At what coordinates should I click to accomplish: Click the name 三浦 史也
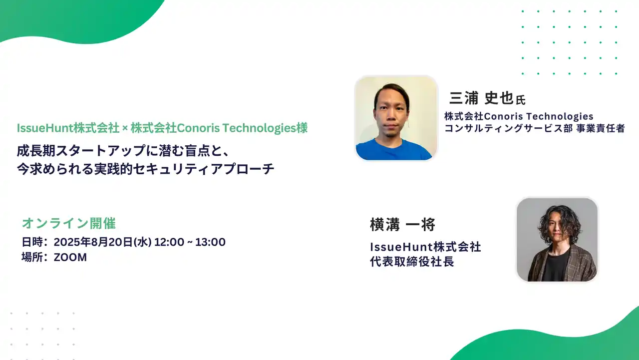481,98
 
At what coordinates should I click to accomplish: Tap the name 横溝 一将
402,225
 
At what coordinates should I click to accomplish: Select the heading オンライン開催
69,223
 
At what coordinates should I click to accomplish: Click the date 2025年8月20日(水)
102,242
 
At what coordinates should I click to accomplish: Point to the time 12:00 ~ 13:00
190,242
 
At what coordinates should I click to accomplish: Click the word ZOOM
70,258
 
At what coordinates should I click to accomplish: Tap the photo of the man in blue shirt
396,118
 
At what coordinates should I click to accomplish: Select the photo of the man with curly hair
557,240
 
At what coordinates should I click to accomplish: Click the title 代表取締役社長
412,262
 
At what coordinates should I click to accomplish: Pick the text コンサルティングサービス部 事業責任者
534,129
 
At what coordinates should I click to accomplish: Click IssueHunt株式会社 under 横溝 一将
425,247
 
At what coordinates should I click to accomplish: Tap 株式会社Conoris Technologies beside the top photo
519,116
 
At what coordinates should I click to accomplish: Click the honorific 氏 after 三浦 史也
521,100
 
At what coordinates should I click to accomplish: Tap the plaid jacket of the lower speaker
582,265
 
